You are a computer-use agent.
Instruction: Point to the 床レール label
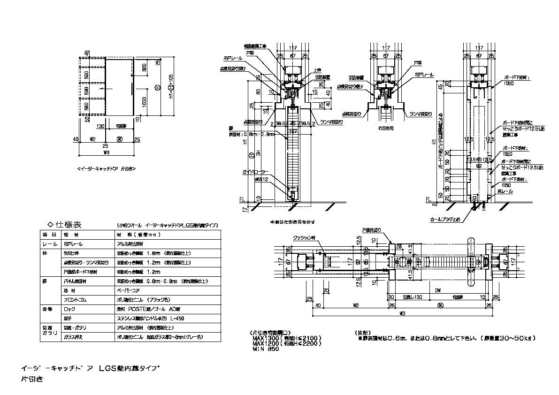(x=507, y=191)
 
